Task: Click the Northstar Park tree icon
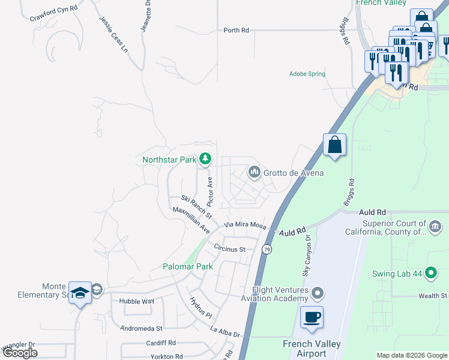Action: click(x=206, y=159)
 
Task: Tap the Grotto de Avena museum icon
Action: click(x=254, y=173)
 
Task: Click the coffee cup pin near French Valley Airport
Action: click(x=312, y=317)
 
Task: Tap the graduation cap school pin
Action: click(x=80, y=293)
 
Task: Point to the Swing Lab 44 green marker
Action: click(x=430, y=274)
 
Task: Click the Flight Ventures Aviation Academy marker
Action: click(x=318, y=293)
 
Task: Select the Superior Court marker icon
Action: click(x=435, y=227)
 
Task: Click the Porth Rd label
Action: click(x=236, y=30)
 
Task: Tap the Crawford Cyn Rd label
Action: click(x=54, y=13)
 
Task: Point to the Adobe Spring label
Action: click(x=307, y=74)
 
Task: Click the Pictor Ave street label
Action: click(x=210, y=191)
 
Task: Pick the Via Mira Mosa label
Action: click(x=244, y=224)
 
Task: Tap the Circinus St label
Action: click(x=230, y=249)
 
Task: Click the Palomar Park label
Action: click(x=187, y=266)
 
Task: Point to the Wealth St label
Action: click(x=432, y=296)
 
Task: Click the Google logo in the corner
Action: click(x=20, y=353)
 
